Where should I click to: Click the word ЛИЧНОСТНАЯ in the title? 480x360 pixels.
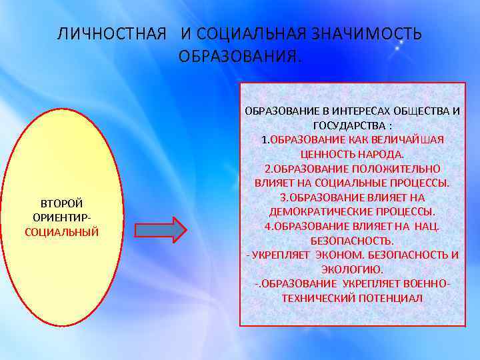(x=111, y=34)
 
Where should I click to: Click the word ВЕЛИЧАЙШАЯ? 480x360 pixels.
(x=409, y=139)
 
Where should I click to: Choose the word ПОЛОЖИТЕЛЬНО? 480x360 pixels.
(x=391, y=168)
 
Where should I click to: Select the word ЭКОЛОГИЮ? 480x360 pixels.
(x=352, y=269)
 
